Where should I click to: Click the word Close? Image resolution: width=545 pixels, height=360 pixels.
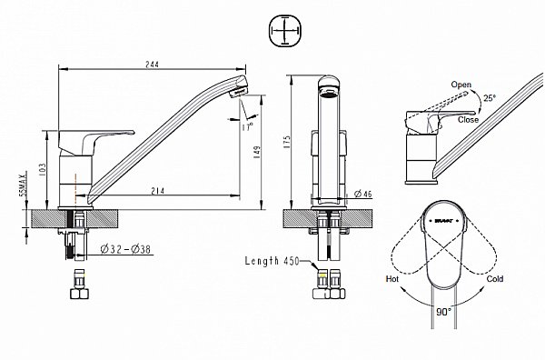click(470, 118)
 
